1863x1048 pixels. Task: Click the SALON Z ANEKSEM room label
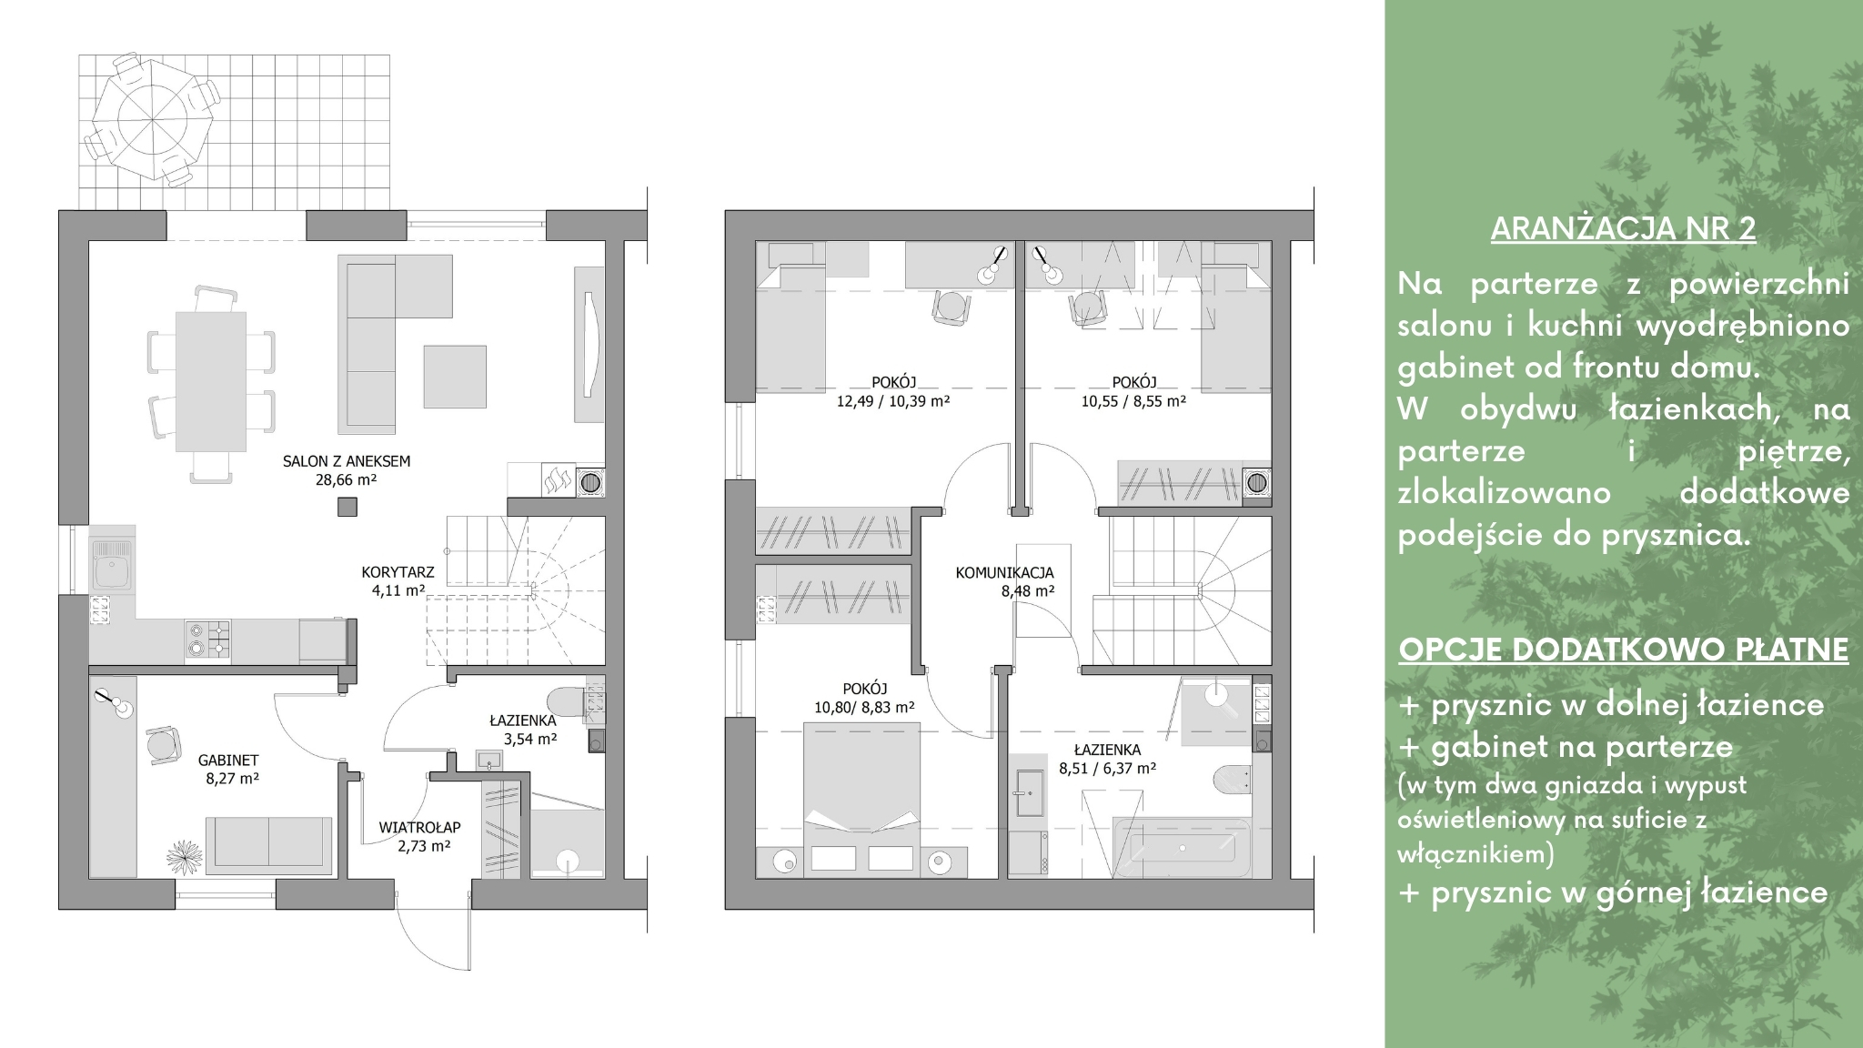tap(346, 461)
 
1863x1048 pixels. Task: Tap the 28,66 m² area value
tap(346, 479)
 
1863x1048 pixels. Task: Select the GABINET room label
tap(228, 761)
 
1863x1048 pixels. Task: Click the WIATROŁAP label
tap(419, 828)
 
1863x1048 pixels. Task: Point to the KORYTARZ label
tap(398, 573)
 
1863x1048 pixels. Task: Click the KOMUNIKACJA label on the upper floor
tap(1004, 573)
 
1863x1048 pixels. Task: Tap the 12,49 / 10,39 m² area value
tap(893, 400)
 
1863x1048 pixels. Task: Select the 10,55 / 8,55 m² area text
tap(1133, 400)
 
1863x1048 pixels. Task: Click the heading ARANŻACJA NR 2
tap(1623, 228)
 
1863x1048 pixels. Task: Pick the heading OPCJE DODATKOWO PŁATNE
tap(1624, 650)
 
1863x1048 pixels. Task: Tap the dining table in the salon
tap(211, 381)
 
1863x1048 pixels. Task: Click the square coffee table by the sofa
tap(455, 377)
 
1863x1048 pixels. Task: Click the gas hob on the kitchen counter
tap(207, 639)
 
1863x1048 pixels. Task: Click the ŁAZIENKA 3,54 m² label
tap(523, 730)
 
